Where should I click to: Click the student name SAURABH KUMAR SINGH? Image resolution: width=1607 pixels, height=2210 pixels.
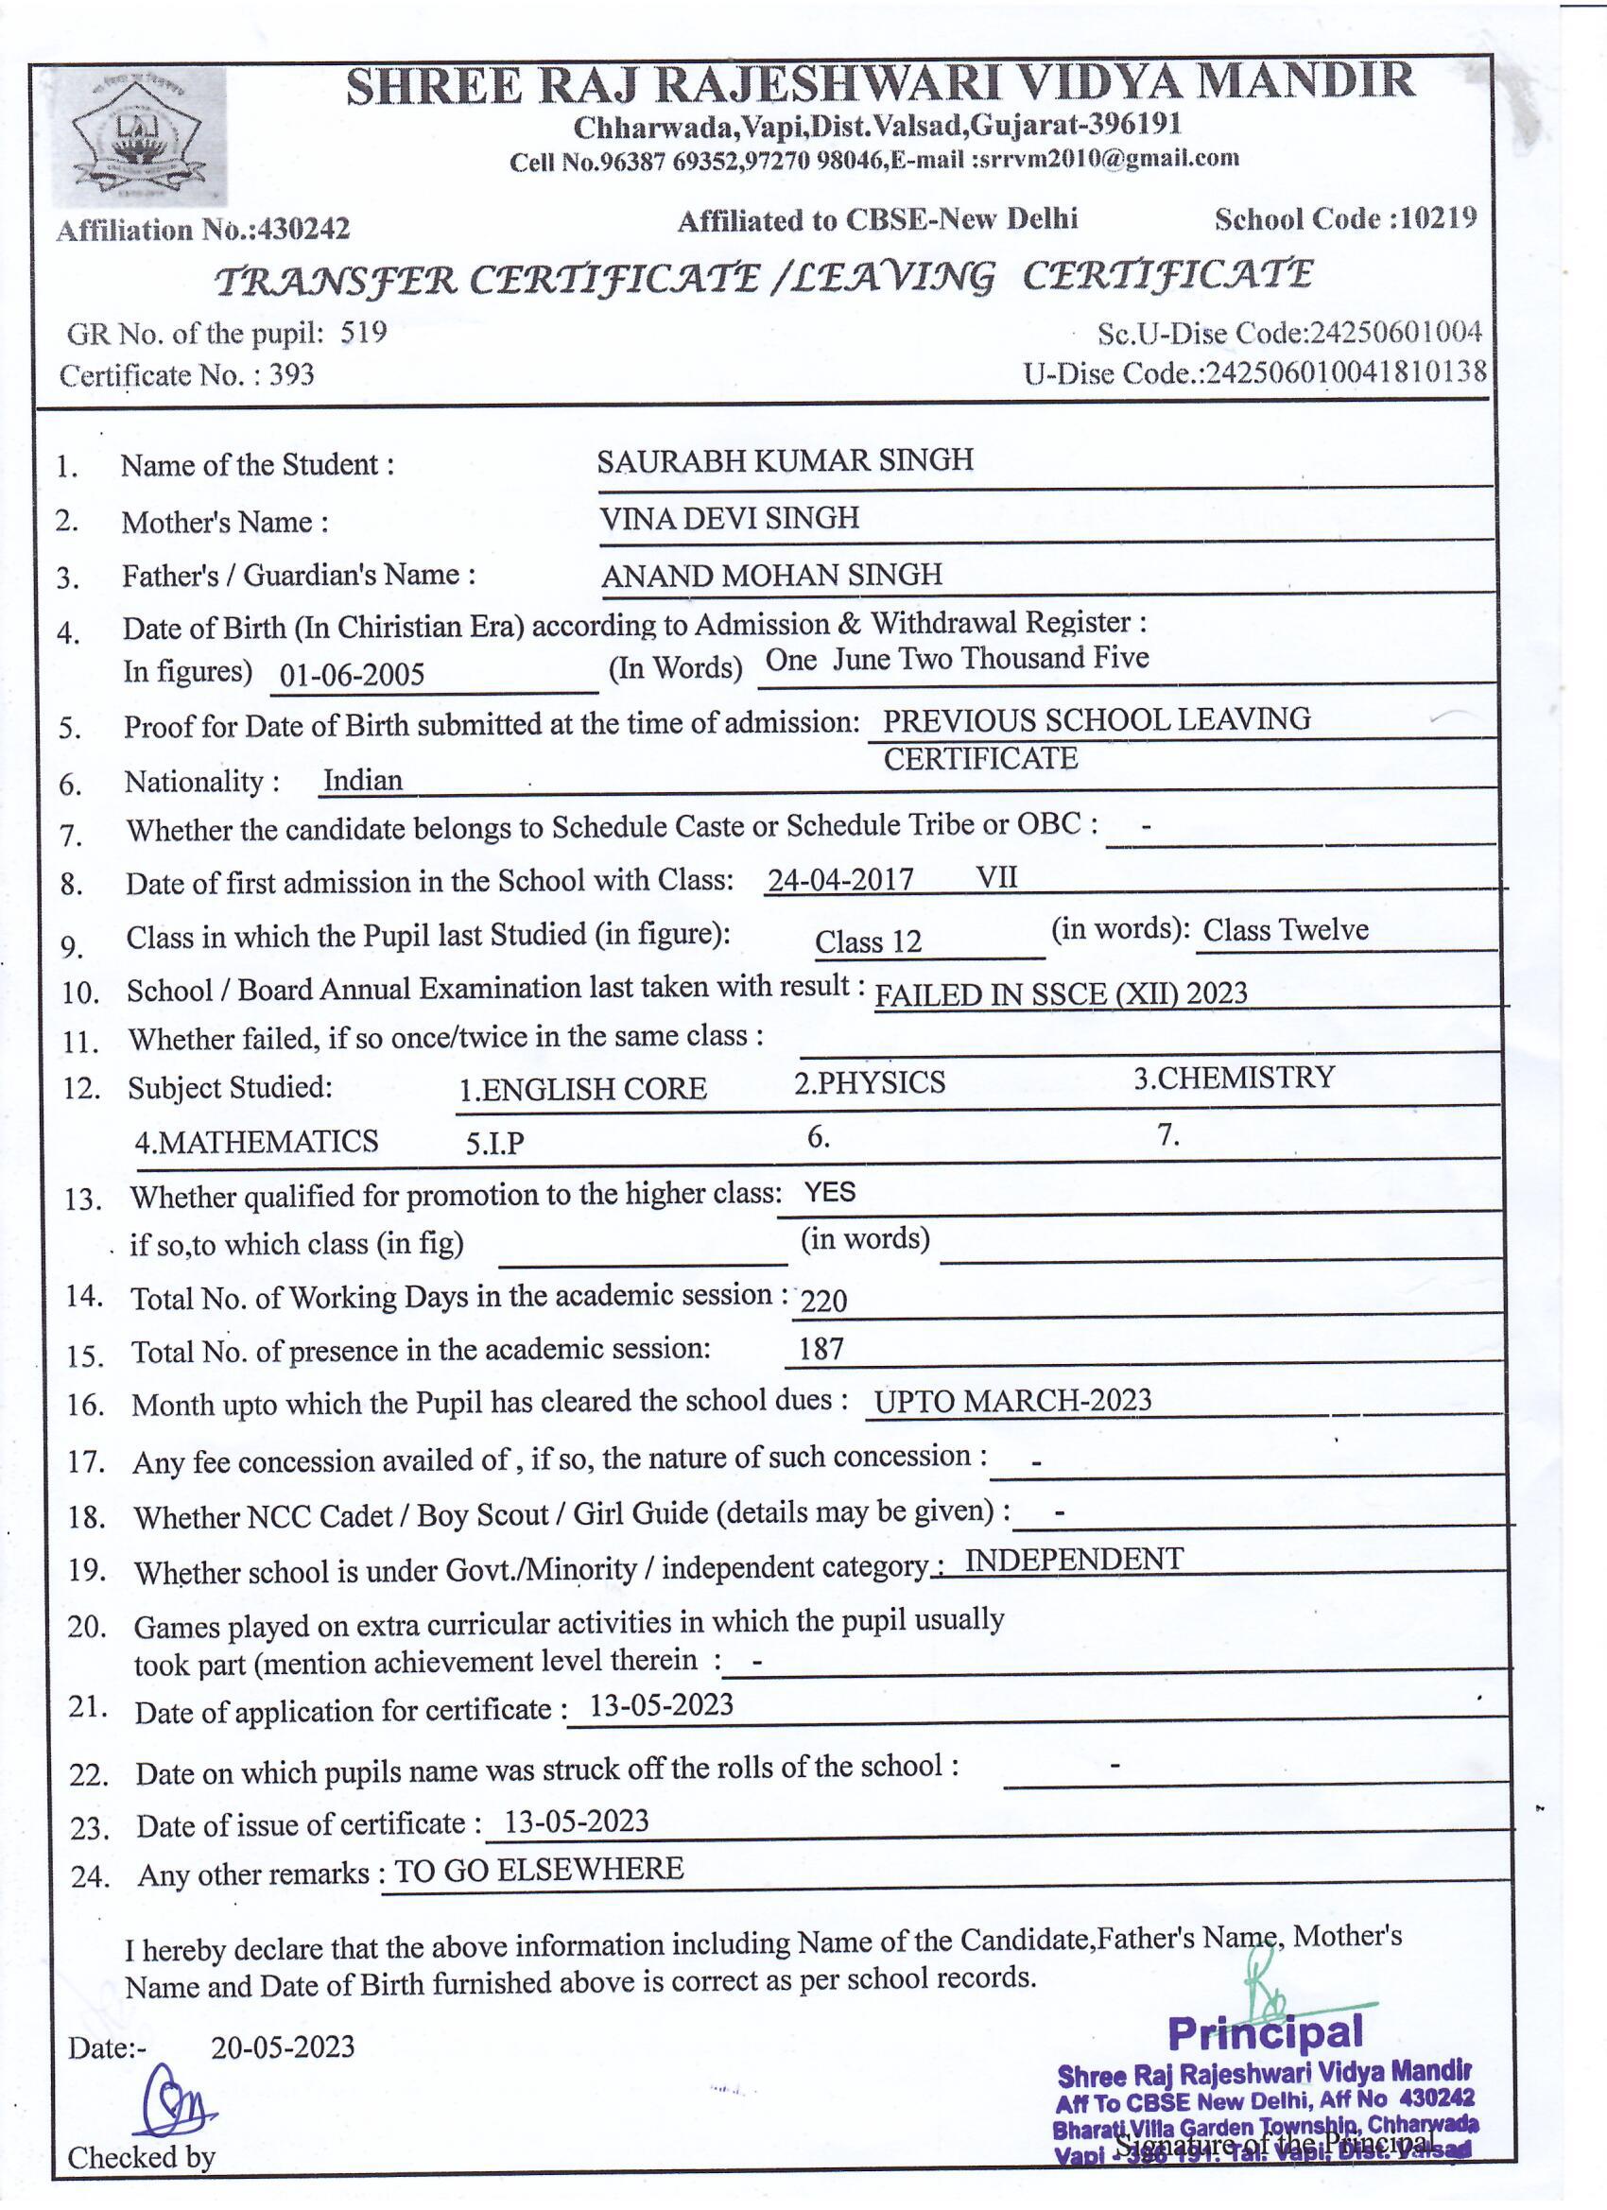click(x=785, y=460)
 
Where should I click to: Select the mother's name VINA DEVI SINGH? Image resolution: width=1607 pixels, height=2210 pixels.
click(x=729, y=517)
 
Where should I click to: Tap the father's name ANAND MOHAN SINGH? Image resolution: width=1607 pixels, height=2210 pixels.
click(x=770, y=575)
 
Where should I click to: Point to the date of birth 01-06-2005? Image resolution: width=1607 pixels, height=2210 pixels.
click(x=352, y=674)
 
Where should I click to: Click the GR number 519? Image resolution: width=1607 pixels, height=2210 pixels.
click(x=364, y=333)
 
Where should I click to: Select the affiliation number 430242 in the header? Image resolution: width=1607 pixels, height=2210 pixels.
click(x=303, y=229)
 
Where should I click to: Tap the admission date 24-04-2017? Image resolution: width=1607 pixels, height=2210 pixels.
click(x=840, y=880)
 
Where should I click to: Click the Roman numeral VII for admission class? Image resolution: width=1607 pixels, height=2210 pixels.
click(x=996, y=877)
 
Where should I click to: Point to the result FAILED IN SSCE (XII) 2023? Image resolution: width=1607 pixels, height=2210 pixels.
click(x=1061, y=993)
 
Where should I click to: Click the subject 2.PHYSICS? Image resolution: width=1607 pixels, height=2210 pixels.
click(x=869, y=1082)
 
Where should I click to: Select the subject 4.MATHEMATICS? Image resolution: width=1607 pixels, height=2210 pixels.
click(x=256, y=1141)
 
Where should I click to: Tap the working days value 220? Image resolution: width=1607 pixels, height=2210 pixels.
click(x=823, y=1300)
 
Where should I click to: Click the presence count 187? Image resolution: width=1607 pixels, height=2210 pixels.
click(x=821, y=1350)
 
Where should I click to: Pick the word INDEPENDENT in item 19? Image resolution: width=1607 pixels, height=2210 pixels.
click(x=1073, y=1559)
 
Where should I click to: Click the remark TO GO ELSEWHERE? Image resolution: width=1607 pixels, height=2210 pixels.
click(x=538, y=1869)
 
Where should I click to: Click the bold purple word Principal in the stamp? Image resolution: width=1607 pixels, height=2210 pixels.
click(x=1264, y=2031)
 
